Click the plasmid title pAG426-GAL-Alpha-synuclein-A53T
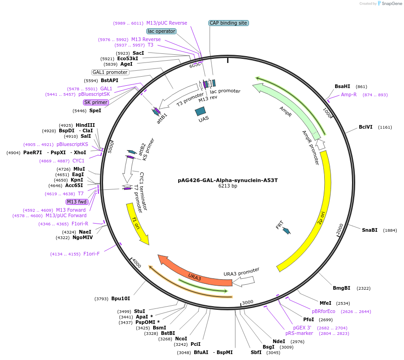pos(228,180)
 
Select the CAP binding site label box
pos(228,23)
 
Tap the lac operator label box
pos(161,31)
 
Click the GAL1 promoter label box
pos(110,72)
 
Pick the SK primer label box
pos(96,102)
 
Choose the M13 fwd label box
pos(77,202)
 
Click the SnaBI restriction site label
pos(369,230)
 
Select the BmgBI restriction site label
pos(342,288)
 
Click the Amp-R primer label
pos(349,94)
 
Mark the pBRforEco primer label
pos(323,311)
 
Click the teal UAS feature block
pos(200,111)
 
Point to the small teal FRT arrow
pos(286,230)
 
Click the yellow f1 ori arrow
pos(138,224)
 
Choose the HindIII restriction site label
pos(85,125)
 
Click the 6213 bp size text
pos(228,186)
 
